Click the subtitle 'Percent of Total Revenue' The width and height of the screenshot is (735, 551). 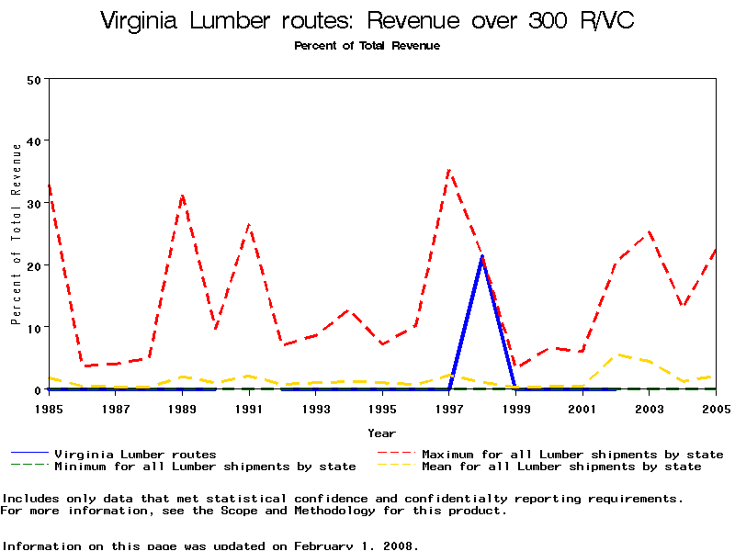click(367, 45)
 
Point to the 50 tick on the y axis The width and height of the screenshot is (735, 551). click(34, 79)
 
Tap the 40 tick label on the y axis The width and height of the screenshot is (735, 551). click(34, 141)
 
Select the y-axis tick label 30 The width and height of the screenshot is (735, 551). click(34, 203)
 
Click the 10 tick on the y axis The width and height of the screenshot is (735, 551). click(34, 328)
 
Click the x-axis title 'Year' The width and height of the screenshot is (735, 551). click(381, 433)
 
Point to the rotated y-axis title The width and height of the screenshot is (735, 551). click(16, 249)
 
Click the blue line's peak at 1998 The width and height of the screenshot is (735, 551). click(482, 257)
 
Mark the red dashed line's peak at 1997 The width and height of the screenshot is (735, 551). click(448, 170)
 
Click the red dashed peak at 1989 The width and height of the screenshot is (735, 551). click(183, 196)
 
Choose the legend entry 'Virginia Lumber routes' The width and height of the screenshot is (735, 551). click(135, 454)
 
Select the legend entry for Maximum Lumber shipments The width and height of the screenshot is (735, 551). click(571, 454)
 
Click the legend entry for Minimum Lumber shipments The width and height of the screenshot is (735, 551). click(204, 467)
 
